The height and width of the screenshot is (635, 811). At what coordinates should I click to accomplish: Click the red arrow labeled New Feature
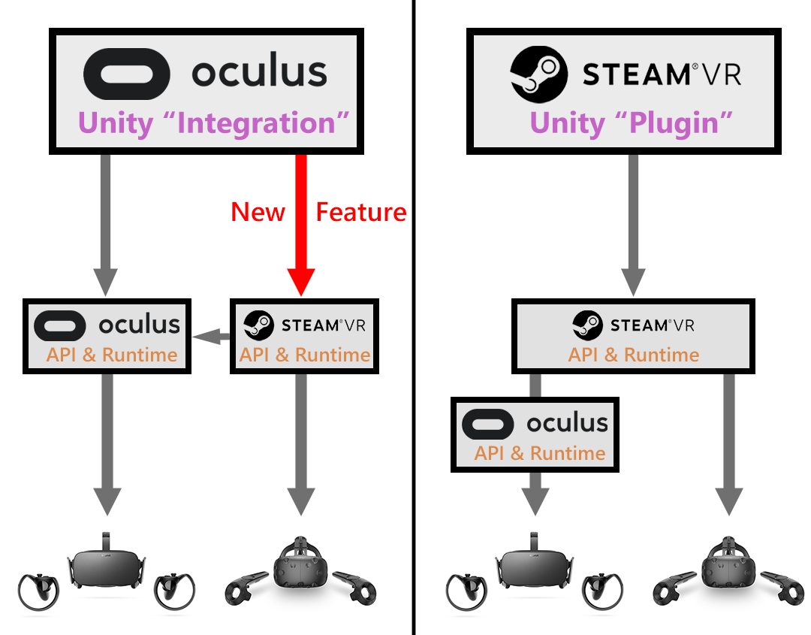pos(301,225)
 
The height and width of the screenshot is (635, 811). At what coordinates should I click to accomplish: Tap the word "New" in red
pos(258,213)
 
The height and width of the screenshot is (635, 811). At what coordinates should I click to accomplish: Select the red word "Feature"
pos(360,213)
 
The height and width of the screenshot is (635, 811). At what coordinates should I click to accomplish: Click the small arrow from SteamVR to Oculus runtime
pos(211,339)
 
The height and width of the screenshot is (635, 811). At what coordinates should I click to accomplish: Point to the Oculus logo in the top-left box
pos(126,74)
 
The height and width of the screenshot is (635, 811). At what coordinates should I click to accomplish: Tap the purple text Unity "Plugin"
pos(631,123)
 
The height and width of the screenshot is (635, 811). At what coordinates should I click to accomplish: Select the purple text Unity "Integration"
pos(216,123)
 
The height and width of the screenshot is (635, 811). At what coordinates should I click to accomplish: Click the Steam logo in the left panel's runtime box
pos(258,325)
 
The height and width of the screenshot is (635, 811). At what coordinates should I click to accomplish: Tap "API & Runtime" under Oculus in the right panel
pos(539,453)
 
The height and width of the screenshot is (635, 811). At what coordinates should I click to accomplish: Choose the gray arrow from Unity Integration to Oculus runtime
pos(106,225)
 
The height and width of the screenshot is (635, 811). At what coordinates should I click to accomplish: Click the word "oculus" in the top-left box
pos(258,74)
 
